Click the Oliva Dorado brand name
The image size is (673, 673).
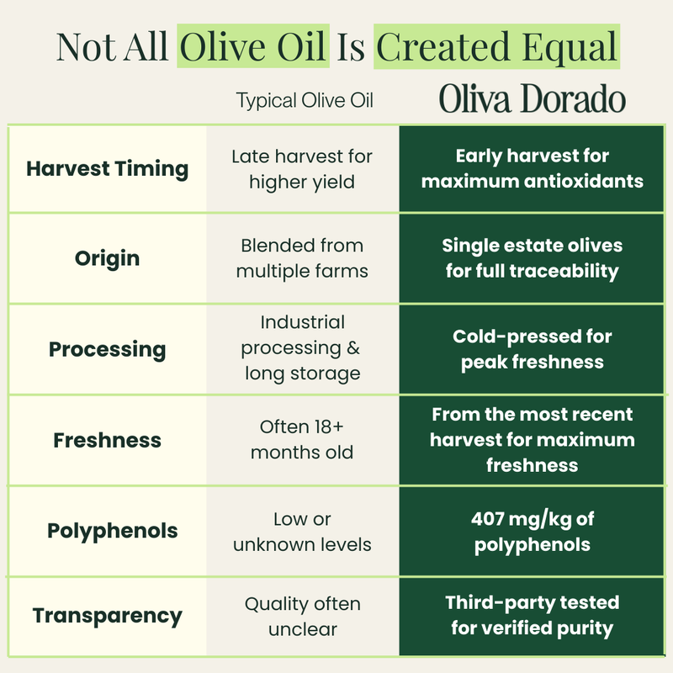coord(533,101)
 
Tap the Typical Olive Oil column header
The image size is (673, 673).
coord(305,102)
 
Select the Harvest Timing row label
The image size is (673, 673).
coord(107,168)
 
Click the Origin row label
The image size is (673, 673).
coord(107,258)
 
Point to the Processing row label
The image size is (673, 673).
coord(107,349)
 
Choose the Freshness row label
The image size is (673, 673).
coord(107,440)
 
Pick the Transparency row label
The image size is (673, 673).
coord(107,616)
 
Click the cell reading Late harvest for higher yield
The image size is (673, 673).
coord(302,169)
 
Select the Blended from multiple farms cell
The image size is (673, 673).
coord(302,258)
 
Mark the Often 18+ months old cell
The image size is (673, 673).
coord(302,440)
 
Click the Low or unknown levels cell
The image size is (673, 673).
coord(302,532)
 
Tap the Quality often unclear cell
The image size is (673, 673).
coord(302,616)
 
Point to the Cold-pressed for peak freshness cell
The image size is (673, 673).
coord(532,349)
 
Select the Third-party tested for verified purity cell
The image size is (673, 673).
coord(532,616)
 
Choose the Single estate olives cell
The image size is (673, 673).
coord(532,258)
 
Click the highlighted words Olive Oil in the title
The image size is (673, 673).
coord(252,46)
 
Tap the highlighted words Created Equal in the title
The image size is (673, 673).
coord(496,46)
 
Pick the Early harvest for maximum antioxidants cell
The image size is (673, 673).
coord(532,169)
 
